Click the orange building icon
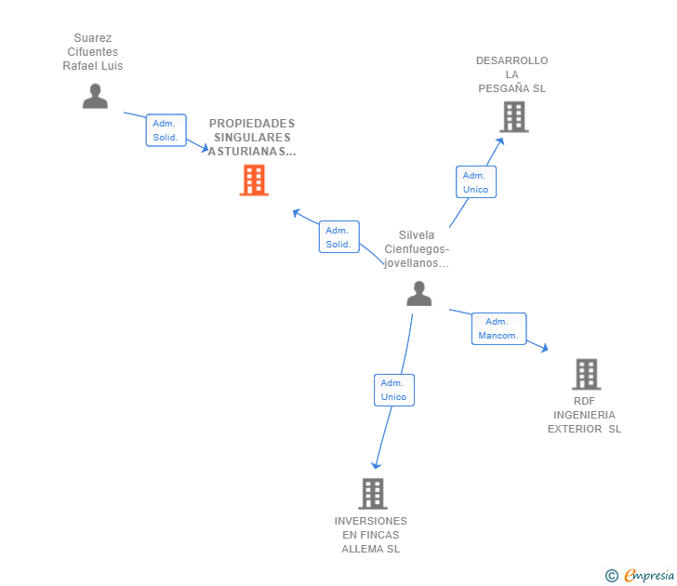click(254, 180)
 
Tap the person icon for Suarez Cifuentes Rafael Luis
click(95, 96)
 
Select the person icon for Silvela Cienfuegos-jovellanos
click(419, 293)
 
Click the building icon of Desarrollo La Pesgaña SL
click(514, 117)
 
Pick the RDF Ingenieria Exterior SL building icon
click(586, 374)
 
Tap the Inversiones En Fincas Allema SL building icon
click(372, 493)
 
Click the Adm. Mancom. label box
click(499, 328)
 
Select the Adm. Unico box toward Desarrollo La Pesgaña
click(475, 182)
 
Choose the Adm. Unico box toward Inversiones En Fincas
click(393, 390)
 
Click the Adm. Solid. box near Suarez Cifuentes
click(166, 130)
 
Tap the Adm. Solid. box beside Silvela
click(338, 237)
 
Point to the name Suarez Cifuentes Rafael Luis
click(93, 52)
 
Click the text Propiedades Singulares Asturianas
click(252, 137)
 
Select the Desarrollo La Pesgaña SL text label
click(512, 74)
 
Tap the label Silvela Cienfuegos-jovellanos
click(417, 249)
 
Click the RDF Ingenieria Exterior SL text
click(584, 415)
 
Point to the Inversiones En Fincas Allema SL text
click(371, 535)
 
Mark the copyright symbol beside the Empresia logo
click(612, 576)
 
